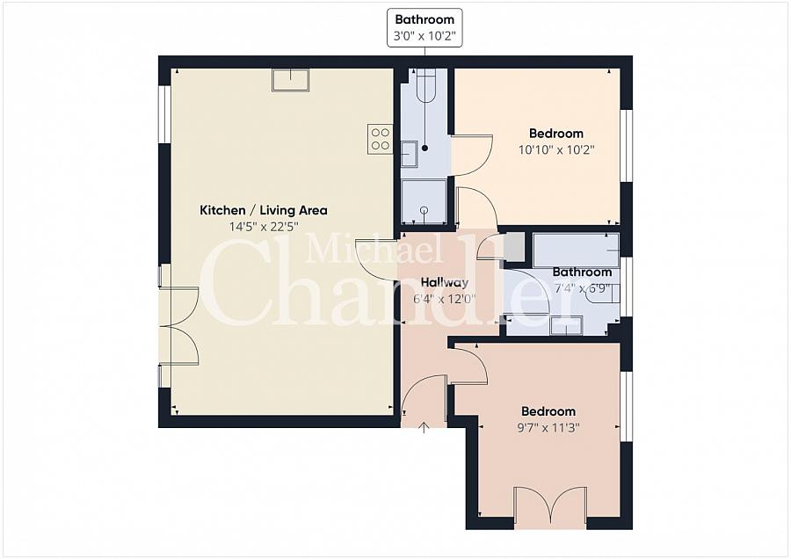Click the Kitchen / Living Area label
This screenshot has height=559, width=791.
click(x=264, y=210)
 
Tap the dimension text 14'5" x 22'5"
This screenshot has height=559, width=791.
click(x=264, y=227)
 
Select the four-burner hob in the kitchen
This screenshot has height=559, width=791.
click(x=381, y=139)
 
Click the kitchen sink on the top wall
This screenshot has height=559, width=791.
click(x=291, y=80)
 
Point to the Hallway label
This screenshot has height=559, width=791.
click(x=445, y=282)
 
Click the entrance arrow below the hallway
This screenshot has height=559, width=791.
click(x=424, y=428)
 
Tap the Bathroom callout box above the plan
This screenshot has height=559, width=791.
click(x=425, y=28)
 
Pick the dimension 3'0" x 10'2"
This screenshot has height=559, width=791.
click(x=425, y=36)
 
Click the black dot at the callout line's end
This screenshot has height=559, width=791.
click(x=425, y=149)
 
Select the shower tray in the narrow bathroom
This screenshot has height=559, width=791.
click(x=424, y=202)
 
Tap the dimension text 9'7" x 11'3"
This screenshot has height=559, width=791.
click(x=548, y=428)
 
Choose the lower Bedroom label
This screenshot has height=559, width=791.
click(x=548, y=411)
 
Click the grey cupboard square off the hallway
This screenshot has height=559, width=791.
click(x=513, y=247)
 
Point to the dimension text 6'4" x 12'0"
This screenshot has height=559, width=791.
click(x=445, y=299)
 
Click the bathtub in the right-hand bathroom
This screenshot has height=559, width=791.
click(x=576, y=250)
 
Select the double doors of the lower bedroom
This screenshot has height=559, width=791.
click(x=550, y=505)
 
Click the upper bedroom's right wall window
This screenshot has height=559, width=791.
click(x=626, y=145)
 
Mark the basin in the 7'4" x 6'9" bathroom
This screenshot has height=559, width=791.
click(x=602, y=293)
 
